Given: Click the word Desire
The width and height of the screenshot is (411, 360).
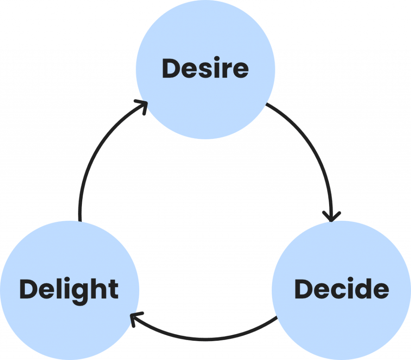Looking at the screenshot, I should tap(205, 69).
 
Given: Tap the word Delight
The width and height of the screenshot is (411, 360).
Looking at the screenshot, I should tap(69, 289).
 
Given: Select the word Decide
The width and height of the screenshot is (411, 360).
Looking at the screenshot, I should tap(342, 289).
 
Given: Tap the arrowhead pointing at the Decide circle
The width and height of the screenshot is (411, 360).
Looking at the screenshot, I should tap(331, 217).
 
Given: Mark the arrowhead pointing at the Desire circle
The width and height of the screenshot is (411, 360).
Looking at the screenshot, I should tap(142, 105).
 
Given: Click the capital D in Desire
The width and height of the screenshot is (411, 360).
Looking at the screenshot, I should tap(171, 69).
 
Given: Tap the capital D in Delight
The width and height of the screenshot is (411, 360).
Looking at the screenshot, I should tap(28, 289).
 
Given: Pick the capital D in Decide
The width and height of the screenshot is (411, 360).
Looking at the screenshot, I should tap(304, 289).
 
